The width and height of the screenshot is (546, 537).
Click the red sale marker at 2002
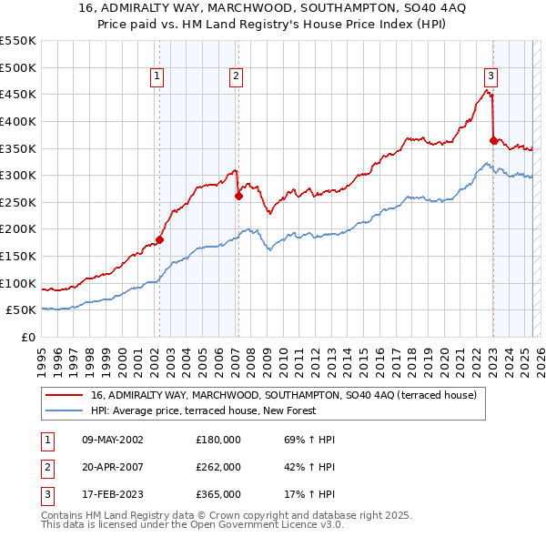coord(159,239)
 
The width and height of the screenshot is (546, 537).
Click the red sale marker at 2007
coord(238,195)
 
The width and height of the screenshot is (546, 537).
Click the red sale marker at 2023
coord(493,140)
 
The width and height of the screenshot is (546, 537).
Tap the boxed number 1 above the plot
coord(157,76)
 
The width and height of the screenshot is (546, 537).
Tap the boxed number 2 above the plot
coord(236,76)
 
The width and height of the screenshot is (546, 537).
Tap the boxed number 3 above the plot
coord(490,76)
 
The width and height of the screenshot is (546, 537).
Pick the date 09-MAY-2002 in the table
coord(113,440)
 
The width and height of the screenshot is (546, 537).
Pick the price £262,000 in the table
coord(218,467)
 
